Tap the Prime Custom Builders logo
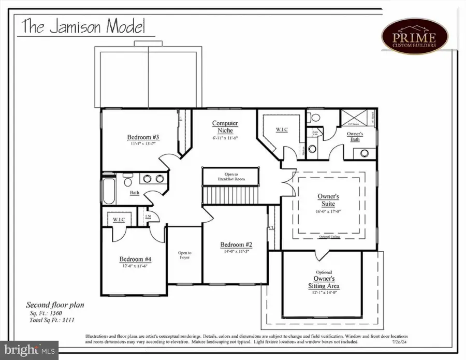pos(415,36)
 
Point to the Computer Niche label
pos(225,127)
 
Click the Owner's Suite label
pos(328,200)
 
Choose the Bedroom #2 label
pos(236,244)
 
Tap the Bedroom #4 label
pos(135,259)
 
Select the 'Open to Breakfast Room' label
pos(231,177)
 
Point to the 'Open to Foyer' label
pos(185,255)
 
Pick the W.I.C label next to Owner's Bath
pos(282,129)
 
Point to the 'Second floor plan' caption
pos(55,305)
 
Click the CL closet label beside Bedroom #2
pos(271,227)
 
